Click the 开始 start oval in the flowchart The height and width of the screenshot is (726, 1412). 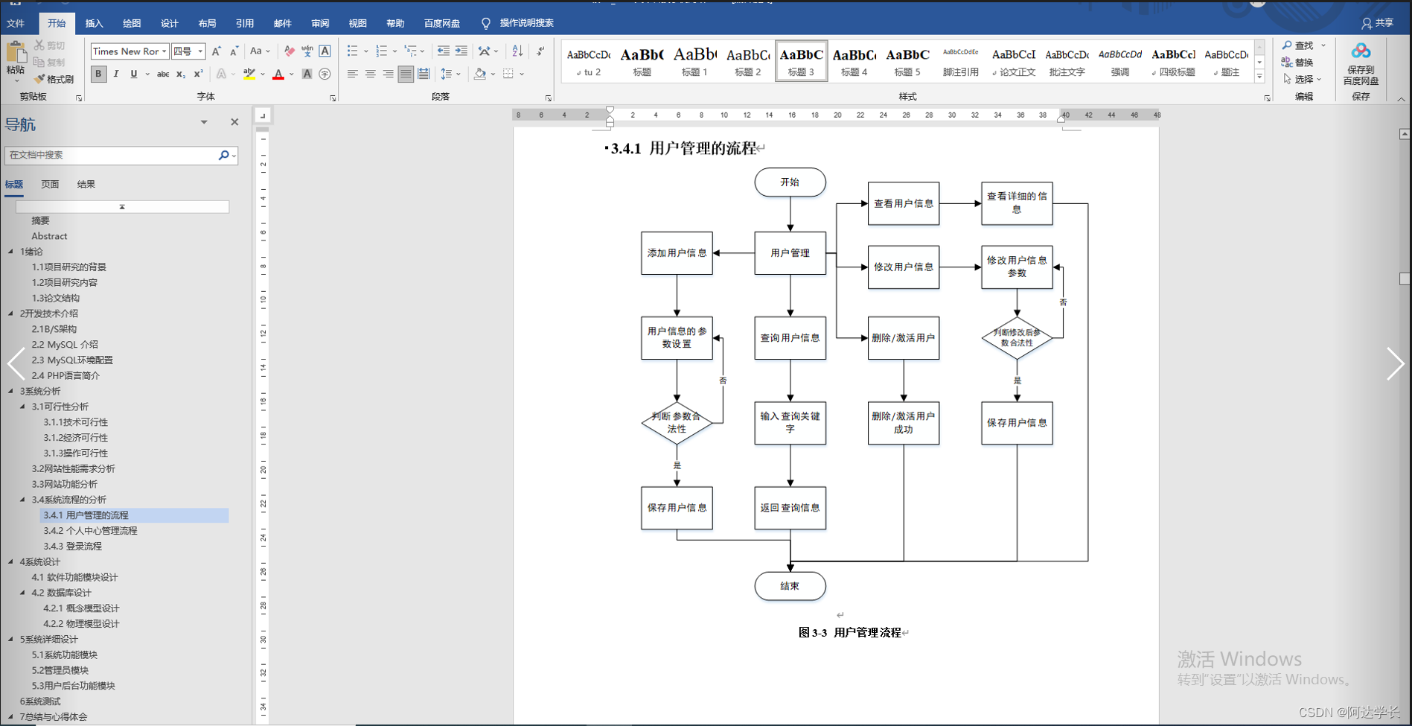(790, 182)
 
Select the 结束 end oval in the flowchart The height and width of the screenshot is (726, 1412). (790, 586)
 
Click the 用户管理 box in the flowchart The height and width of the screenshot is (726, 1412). (790, 253)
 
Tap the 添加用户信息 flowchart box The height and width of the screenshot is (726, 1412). (677, 253)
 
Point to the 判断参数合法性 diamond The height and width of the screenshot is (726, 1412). (677, 423)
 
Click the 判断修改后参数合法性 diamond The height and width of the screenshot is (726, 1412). (1017, 338)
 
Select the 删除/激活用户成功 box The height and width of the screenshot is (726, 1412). (903, 423)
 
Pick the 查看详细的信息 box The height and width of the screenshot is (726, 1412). (1017, 203)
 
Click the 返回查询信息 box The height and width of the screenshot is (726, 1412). (790, 508)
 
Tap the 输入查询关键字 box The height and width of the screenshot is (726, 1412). (790, 423)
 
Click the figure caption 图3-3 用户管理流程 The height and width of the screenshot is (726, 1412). (850, 632)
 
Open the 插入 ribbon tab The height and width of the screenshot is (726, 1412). (95, 23)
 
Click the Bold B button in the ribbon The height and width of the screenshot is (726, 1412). (98, 74)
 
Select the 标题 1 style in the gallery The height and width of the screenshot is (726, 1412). (694, 61)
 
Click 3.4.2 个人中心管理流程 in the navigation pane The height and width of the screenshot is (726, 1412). (90, 531)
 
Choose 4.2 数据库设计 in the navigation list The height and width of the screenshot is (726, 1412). (61, 593)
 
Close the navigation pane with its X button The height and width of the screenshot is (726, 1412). (234, 122)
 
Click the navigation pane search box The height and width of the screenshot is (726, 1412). (112, 155)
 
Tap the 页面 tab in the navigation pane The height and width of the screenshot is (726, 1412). (50, 184)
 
